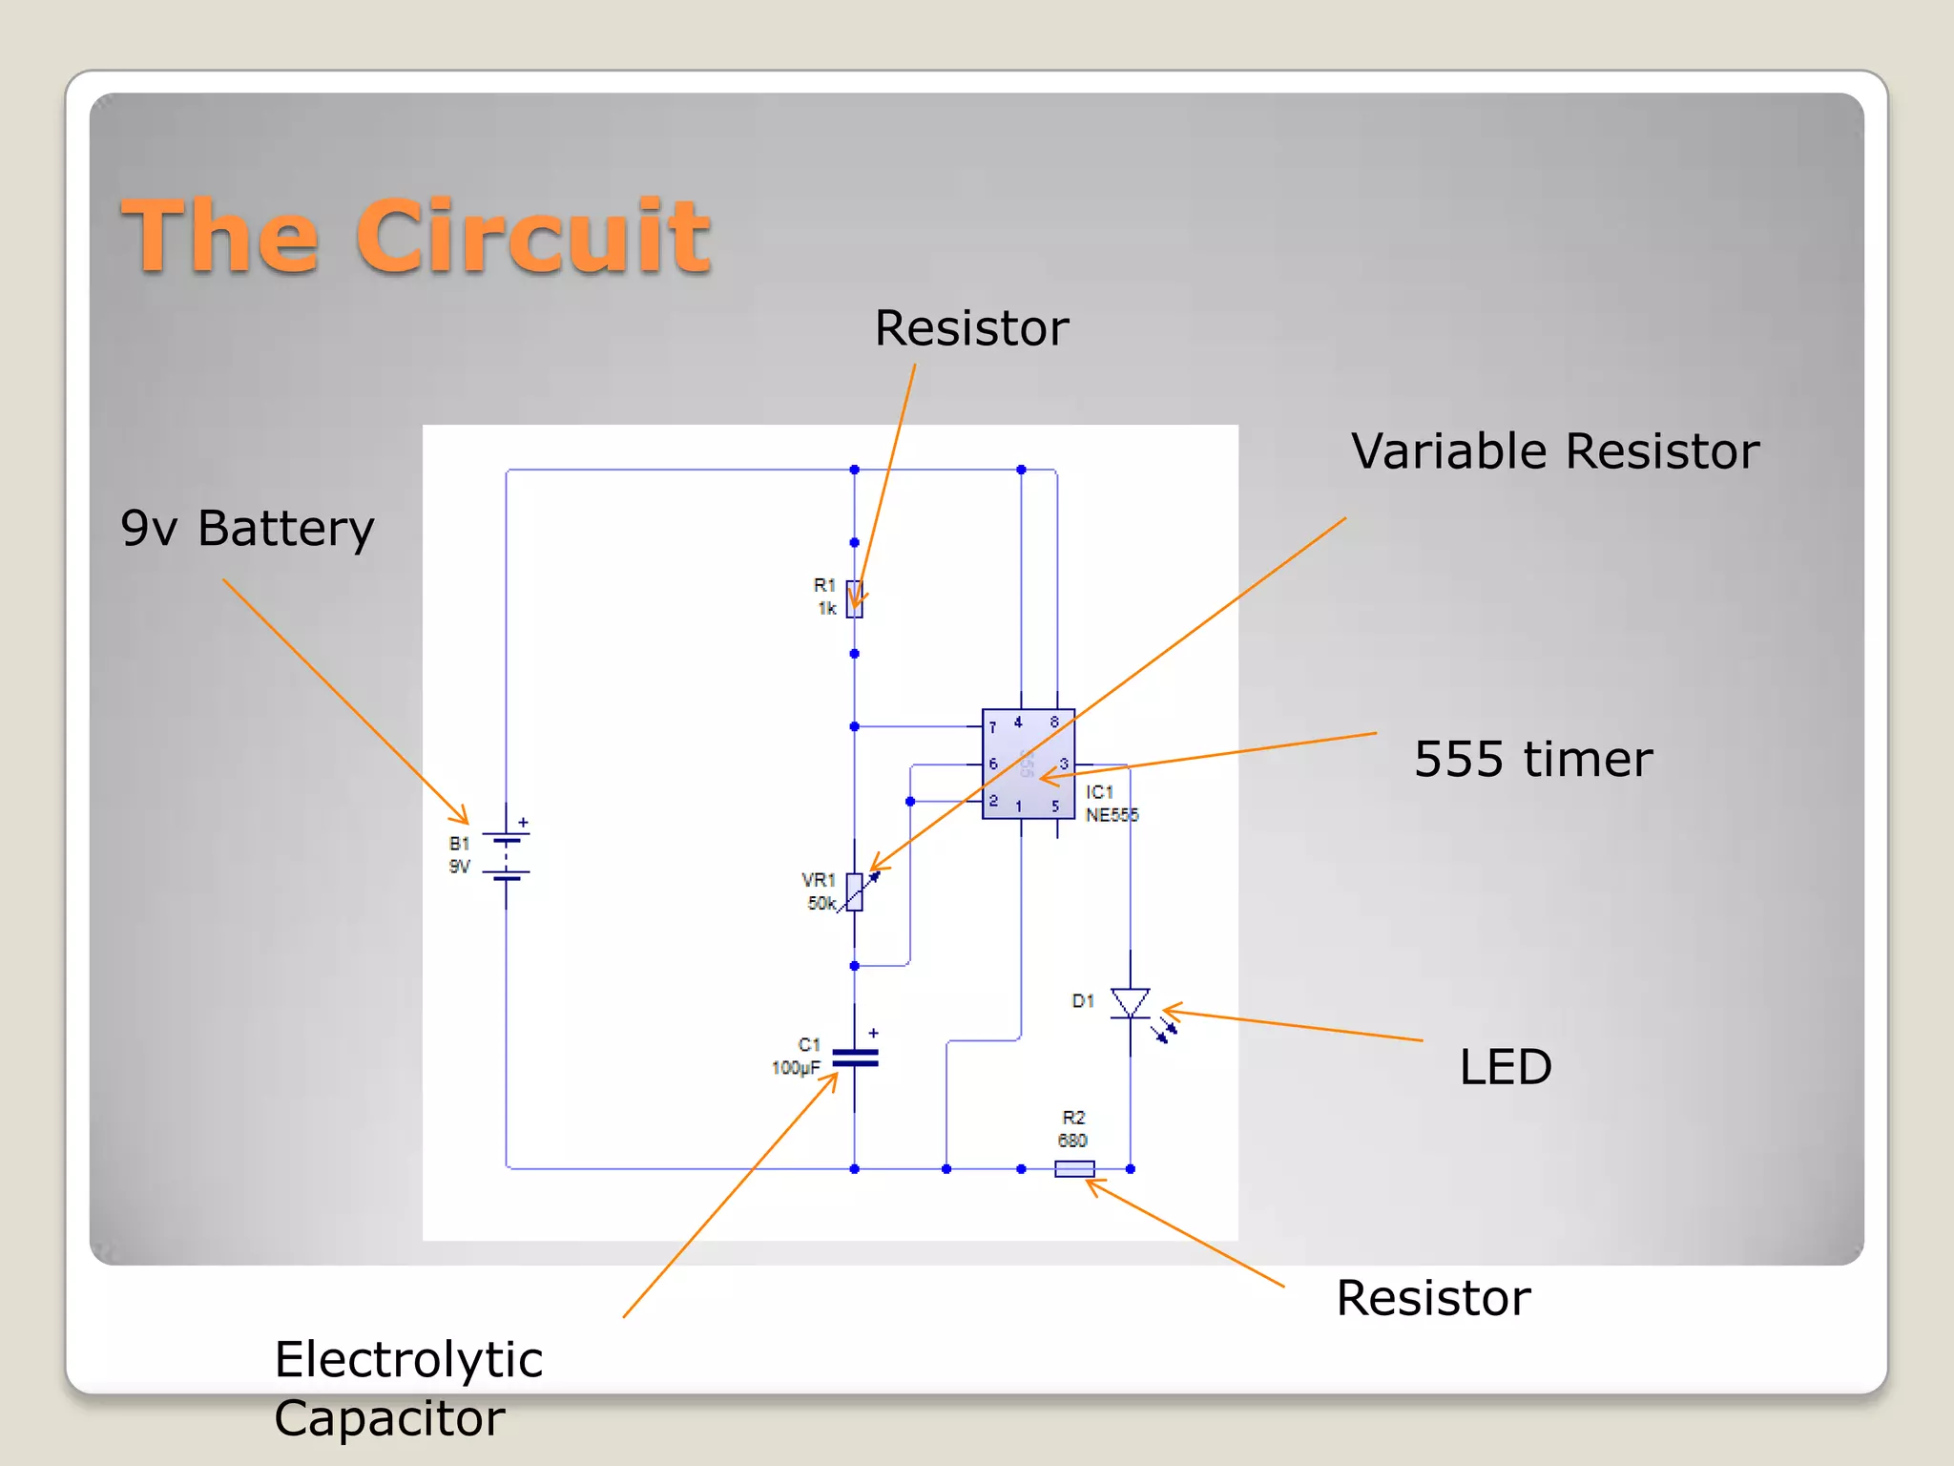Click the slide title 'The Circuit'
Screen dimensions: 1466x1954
[x=416, y=236]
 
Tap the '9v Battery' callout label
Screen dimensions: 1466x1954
[x=247, y=528]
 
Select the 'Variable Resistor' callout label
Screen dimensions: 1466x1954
[x=1554, y=450]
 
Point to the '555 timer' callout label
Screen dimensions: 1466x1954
[x=1532, y=759]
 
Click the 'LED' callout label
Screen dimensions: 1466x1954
[x=1505, y=1066]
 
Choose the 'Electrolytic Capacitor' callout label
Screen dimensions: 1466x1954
[x=408, y=1388]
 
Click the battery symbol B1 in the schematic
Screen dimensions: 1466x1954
[x=507, y=856]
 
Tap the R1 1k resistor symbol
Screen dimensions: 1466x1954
[x=854, y=598]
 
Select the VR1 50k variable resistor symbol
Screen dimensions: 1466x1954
[x=855, y=892]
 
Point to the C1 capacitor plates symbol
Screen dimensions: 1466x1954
[x=855, y=1058]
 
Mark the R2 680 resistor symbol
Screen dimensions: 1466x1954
[x=1074, y=1168]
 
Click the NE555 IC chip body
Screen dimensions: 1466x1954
[x=1028, y=764]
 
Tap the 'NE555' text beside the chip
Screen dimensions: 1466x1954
[x=1112, y=815]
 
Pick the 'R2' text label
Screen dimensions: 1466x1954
[x=1073, y=1117]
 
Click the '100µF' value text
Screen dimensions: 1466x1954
[x=796, y=1068]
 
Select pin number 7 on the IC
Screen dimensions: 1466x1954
[x=993, y=727]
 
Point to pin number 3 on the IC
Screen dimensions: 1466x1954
[x=1064, y=764]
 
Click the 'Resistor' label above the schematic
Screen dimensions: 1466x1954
[x=971, y=328]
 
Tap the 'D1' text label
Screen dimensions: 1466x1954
[x=1083, y=1001]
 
